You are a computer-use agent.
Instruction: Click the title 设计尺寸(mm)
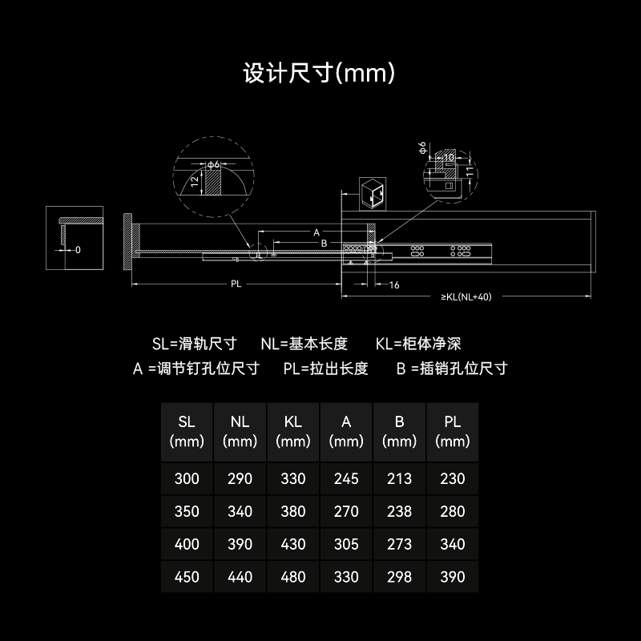tap(319, 73)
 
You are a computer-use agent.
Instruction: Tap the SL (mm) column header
tap(187, 432)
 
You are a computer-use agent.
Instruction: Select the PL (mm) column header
tap(453, 432)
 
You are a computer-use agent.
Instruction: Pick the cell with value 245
tap(346, 478)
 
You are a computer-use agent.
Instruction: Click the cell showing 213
tap(399, 478)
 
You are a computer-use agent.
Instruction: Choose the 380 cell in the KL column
tap(293, 511)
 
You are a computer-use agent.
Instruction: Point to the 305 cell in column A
tap(346, 544)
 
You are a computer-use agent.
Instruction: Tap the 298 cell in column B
tap(399, 577)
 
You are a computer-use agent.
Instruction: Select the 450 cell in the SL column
tap(187, 577)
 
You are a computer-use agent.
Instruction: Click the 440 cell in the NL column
tap(240, 577)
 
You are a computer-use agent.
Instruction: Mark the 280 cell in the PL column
tap(453, 511)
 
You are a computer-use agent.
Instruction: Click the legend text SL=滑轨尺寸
tap(195, 344)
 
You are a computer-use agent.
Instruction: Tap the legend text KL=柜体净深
tap(418, 344)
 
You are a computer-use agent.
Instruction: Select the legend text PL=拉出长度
tap(326, 369)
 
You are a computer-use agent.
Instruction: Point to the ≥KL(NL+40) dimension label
tap(466, 296)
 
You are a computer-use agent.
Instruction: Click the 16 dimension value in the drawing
tap(394, 285)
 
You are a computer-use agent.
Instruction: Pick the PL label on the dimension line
tap(236, 284)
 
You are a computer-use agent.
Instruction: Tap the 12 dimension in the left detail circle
tap(195, 180)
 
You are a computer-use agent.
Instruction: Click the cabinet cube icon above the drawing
tap(373, 194)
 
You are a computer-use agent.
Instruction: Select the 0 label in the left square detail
tap(78, 250)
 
